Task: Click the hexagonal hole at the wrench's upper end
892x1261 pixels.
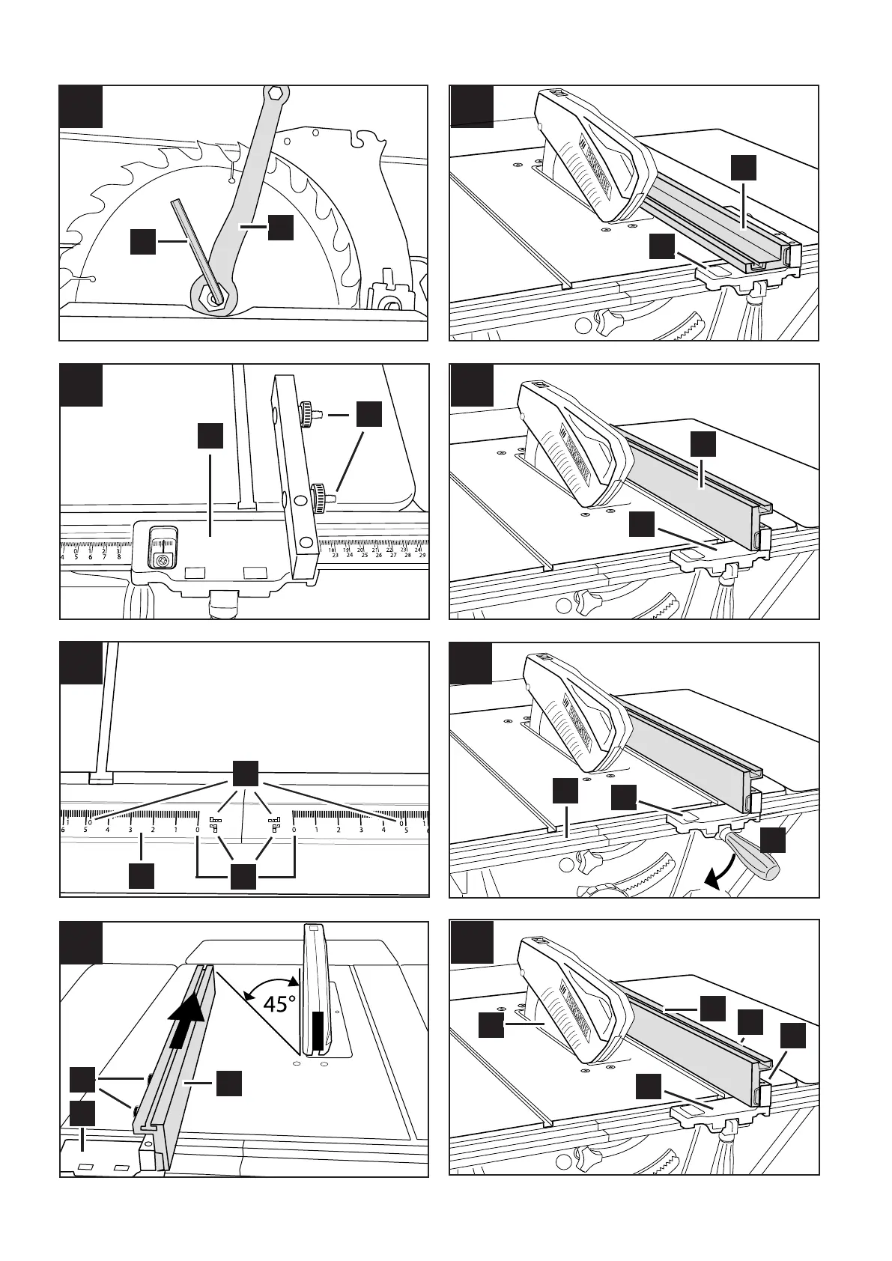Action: pyautogui.click(x=275, y=94)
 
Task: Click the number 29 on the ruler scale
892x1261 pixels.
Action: pyautogui.click(x=422, y=555)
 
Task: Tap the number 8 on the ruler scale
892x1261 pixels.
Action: pyautogui.click(x=119, y=556)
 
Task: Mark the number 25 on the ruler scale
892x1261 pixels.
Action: pyautogui.click(x=364, y=555)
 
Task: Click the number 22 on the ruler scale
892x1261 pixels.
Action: pyautogui.click(x=388, y=549)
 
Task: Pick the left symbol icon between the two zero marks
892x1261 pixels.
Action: pyautogui.click(x=216, y=824)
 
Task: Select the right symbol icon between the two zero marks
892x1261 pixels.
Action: pyautogui.click(x=274, y=824)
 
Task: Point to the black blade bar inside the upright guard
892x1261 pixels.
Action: pyautogui.click(x=318, y=1030)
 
